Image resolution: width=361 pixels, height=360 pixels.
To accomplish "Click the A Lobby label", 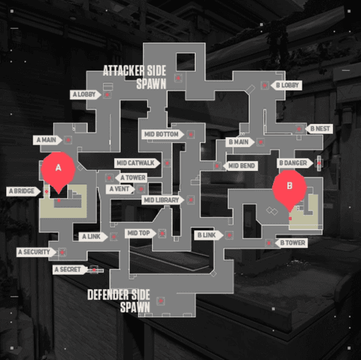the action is tap(85, 95).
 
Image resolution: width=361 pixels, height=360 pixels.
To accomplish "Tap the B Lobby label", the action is tap(287, 85).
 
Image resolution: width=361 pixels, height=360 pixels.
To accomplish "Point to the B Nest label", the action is tap(319, 129).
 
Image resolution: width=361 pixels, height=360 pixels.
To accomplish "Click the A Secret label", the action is tap(70, 270).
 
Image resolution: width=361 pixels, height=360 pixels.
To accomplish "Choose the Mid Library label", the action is tap(162, 200).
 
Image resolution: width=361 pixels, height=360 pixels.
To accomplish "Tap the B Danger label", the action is tap(295, 163).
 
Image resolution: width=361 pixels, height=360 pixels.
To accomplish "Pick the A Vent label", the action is tap(121, 189).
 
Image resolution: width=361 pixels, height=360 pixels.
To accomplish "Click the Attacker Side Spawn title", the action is tap(135, 77).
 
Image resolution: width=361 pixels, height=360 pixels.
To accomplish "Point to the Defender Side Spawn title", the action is tap(119, 301).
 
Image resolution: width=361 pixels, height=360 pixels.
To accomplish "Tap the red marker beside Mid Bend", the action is tap(217, 166).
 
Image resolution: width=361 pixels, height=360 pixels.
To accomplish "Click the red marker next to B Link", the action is tap(229, 235).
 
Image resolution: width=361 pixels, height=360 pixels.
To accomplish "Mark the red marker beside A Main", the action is tap(69, 140).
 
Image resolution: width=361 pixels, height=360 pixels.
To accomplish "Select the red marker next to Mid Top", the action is tap(162, 233).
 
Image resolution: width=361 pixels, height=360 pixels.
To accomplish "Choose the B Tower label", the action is tap(291, 243).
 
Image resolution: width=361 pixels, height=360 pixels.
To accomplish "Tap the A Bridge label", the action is tap(23, 191).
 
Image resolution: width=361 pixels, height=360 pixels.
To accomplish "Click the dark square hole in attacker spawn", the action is tap(186, 62).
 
